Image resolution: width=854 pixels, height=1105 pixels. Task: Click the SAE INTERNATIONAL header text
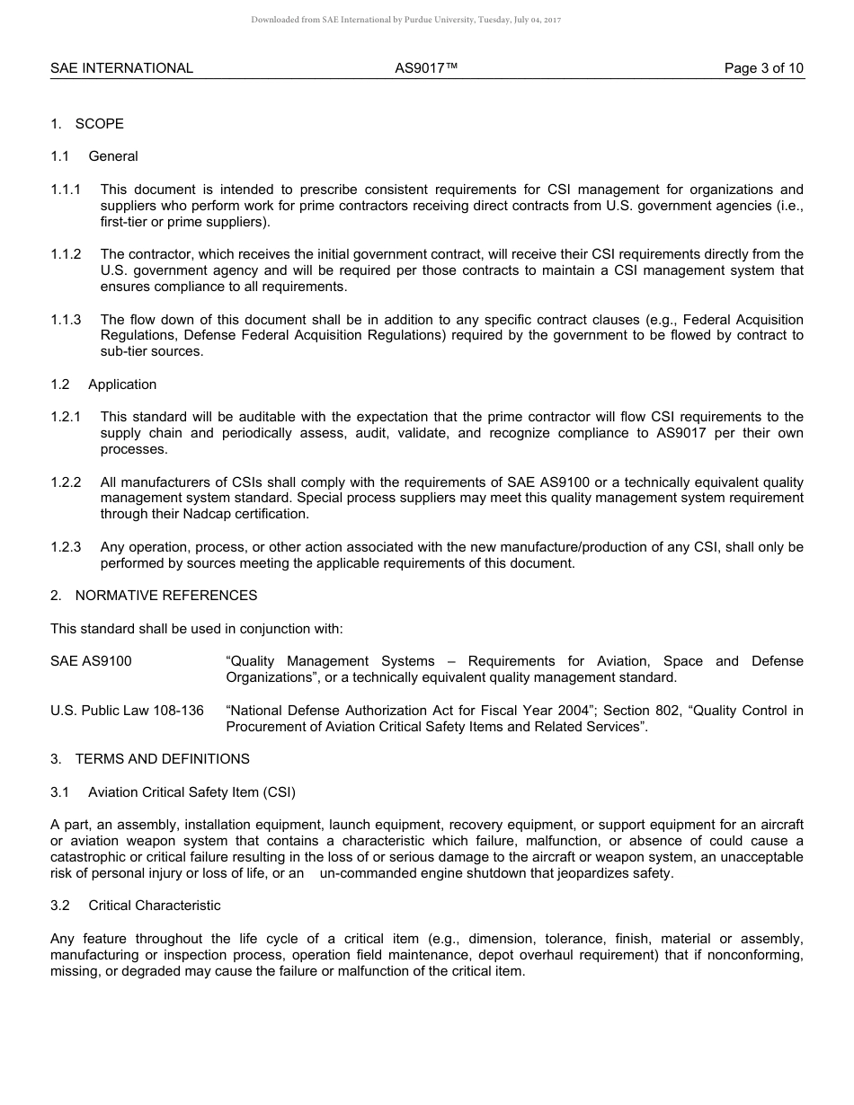click(121, 68)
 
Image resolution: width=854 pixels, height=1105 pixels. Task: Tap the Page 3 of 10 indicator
click(764, 68)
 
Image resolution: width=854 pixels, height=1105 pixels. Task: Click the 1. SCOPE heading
click(87, 124)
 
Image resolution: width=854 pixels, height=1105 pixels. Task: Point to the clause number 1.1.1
click(66, 190)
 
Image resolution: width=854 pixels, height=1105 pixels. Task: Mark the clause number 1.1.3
click(66, 320)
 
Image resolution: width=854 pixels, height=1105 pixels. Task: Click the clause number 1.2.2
click(66, 482)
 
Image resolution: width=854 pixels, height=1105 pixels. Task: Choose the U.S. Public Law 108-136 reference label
click(127, 711)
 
